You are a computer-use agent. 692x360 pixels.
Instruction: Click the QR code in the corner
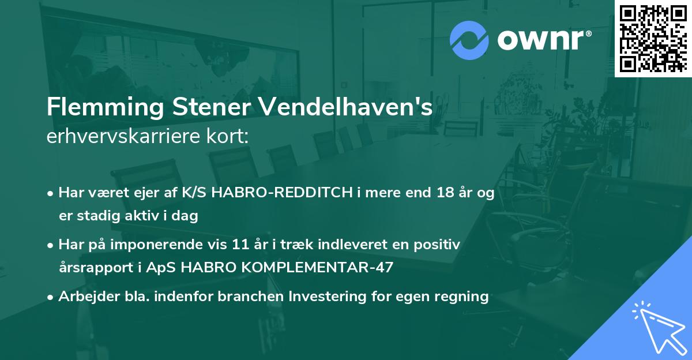(653, 38)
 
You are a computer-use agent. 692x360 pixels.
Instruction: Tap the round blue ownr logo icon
(469, 40)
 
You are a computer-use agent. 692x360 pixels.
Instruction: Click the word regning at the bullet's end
(461, 297)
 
